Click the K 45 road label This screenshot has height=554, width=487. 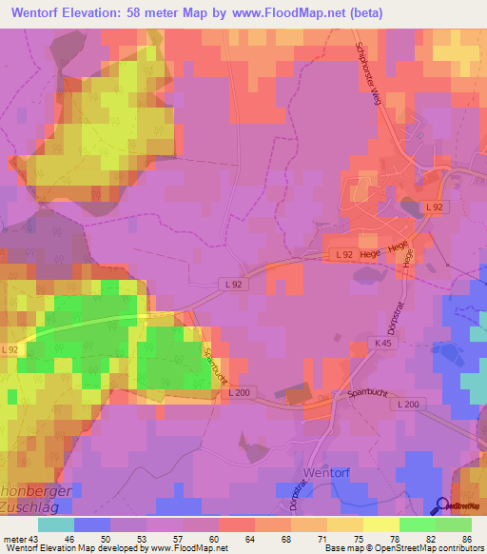(383, 343)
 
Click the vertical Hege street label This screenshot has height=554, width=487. (406, 258)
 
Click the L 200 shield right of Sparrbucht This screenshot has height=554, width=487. (408, 405)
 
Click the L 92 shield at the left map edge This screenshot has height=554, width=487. (10, 350)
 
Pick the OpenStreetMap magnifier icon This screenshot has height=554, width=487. (444, 505)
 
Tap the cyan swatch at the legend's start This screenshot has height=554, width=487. (55, 524)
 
